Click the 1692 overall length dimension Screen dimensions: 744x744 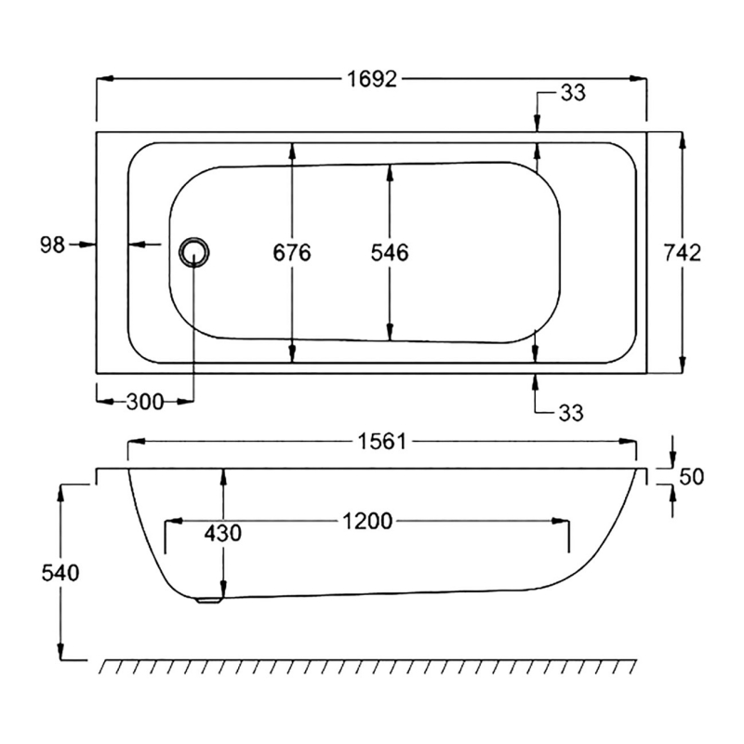(372, 79)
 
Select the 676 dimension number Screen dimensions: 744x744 (292, 252)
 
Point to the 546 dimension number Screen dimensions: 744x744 (390, 252)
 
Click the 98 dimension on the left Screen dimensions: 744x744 (52, 245)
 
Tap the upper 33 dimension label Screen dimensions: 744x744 (574, 93)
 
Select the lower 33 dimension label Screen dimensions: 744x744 (574, 413)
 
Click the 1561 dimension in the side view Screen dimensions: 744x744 (383, 442)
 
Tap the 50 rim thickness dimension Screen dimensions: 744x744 (692, 477)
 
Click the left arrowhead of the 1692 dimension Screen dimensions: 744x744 (103, 79)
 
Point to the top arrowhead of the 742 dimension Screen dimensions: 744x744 (684, 139)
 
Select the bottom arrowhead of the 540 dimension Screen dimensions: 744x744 (61, 654)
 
